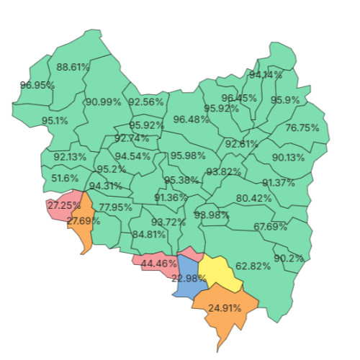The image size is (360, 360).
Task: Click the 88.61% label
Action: point(73,67)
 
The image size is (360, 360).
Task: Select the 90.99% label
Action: point(103,102)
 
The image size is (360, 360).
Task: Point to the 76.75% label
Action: point(302,127)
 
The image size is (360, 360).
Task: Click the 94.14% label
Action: point(266,74)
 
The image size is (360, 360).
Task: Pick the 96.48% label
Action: point(191,119)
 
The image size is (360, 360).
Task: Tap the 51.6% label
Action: point(65,178)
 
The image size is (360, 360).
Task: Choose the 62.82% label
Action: point(253,266)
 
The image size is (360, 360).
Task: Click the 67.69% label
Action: point(270,227)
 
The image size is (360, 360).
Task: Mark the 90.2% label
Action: point(289,258)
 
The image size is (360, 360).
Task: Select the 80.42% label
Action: point(253,198)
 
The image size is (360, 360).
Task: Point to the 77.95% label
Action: point(115,207)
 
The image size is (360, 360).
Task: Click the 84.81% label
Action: point(148,234)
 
